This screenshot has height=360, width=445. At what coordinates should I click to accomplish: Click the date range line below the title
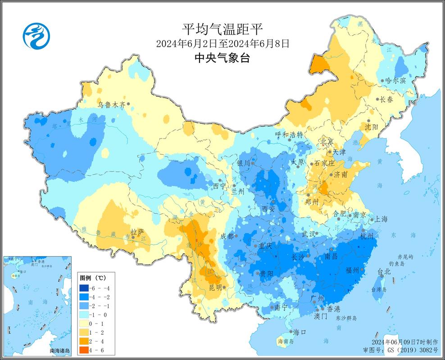coord(222,44)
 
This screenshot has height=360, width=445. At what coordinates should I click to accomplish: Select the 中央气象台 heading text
coord(222,58)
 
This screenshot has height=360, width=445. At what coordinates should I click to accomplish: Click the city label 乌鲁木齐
coord(112,104)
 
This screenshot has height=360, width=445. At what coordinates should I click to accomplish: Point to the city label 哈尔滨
coord(395,81)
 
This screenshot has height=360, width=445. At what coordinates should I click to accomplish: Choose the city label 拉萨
coord(137,232)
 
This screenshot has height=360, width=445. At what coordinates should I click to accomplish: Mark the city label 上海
coord(378,219)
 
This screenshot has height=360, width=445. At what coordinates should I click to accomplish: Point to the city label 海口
coord(300,332)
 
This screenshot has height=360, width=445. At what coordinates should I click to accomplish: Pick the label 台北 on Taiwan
coord(384,271)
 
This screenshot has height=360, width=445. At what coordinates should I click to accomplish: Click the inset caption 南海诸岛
coord(60,350)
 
